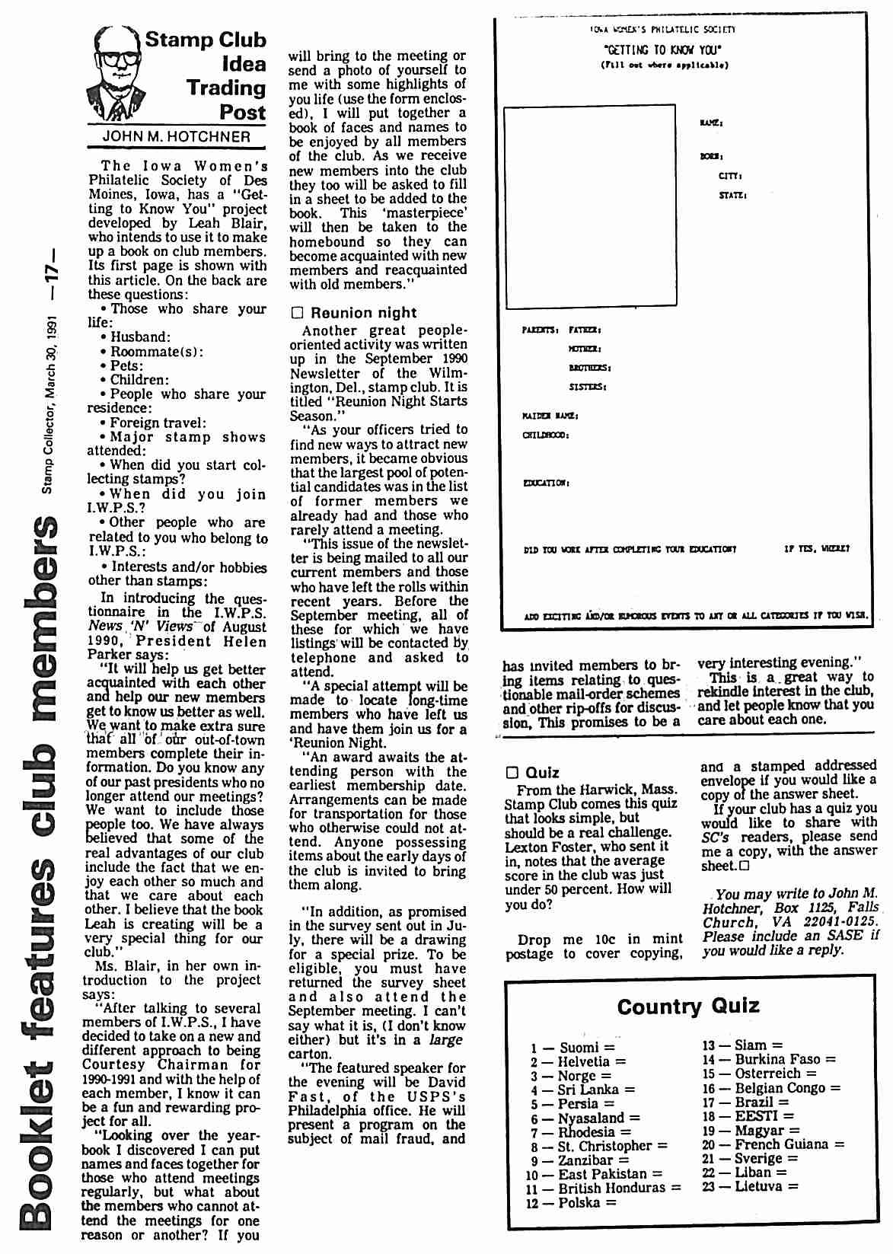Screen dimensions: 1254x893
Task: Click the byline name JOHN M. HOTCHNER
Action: pyautogui.click(x=176, y=137)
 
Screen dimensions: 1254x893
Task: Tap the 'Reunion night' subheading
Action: pyautogui.click(x=362, y=313)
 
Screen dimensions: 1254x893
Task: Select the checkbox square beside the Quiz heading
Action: pyautogui.click(x=513, y=773)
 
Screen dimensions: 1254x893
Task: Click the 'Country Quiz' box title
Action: pyautogui.click(x=688, y=1007)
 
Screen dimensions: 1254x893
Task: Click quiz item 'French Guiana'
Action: pyautogui.click(x=781, y=1144)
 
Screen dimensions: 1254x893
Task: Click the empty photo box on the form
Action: pyautogui.click(x=590, y=205)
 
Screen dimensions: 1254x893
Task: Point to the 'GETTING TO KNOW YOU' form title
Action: pyautogui.click(x=662, y=50)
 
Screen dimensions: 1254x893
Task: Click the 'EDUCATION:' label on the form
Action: pyautogui.click(x=546, y=483)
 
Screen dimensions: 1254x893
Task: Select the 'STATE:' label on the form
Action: pyautogui.click(x=732, y=196)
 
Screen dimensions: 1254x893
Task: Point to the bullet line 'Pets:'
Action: pyautogui.click(x=126, y=365)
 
